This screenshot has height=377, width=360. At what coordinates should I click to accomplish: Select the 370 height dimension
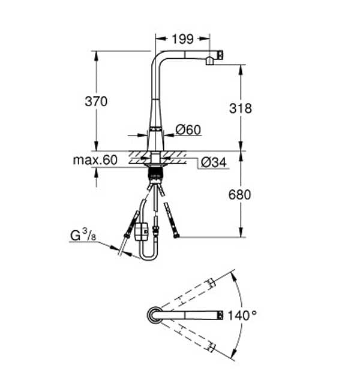96,101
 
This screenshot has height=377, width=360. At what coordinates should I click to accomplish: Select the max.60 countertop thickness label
95,160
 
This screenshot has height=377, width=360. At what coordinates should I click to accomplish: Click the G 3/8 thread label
82,234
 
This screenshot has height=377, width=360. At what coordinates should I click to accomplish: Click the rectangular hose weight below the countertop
142,230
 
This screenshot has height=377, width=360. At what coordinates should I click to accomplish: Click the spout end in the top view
220,314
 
